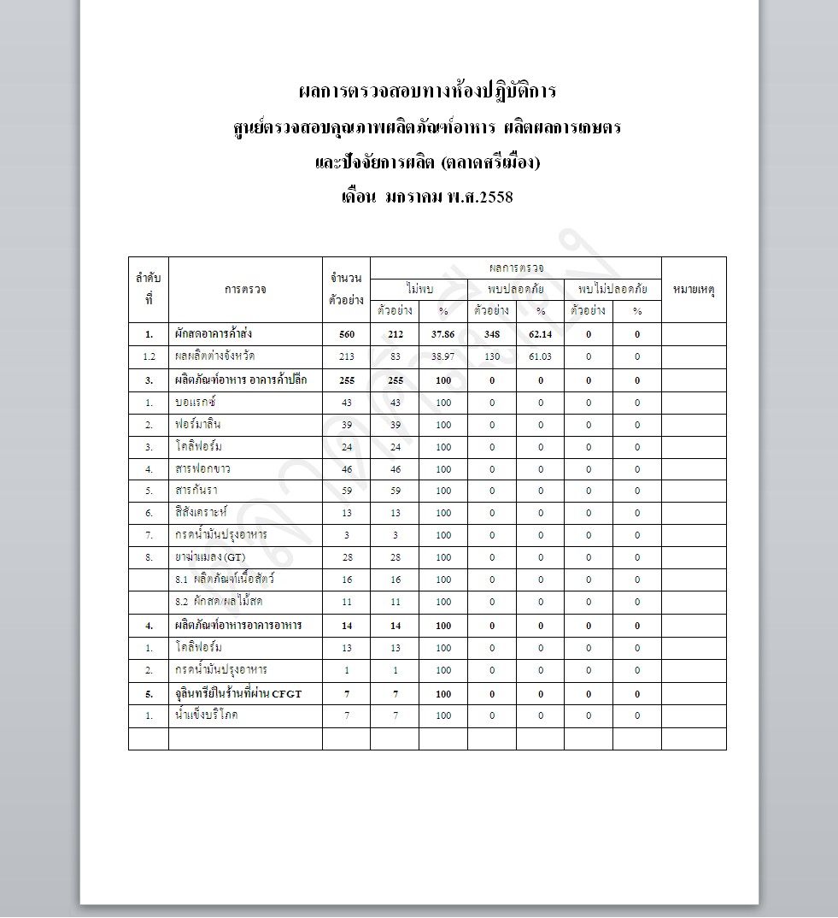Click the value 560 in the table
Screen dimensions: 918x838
click(x=346, y=334)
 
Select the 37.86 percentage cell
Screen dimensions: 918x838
click(x=442, y=334)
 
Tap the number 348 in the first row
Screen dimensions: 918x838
click(x=491, y=334)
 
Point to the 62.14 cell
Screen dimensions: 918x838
click(x=540, y=334)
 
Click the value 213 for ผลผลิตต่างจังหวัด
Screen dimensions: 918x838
click(x=346, y=356)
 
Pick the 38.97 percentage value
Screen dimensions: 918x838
click(x=442, y=356)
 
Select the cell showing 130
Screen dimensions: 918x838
click(x=491, y=356)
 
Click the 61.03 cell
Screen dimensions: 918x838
click(x=540, y=356)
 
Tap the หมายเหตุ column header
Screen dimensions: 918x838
click(x=694, y=290)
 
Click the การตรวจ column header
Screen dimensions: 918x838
click(x=245, y=290)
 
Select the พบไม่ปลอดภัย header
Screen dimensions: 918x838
click(x=612, y=289)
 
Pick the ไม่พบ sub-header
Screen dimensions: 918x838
click(x=419, y=289)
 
